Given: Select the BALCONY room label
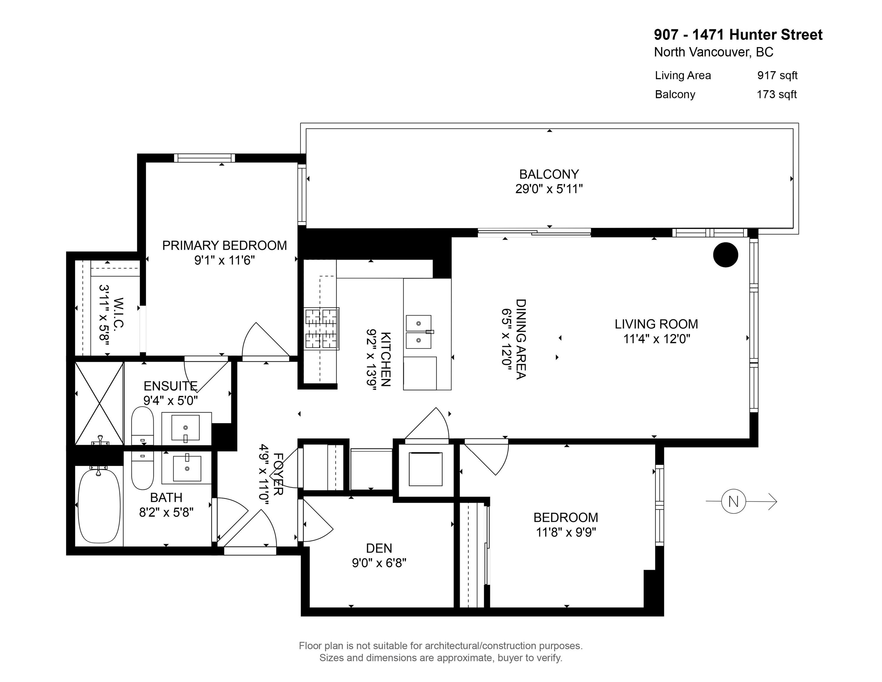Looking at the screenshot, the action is pos(549,174).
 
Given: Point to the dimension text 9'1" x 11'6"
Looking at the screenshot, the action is pos(224,260).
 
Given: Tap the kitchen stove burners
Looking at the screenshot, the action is pos(321,329).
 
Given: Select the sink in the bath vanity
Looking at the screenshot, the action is pos(187,469).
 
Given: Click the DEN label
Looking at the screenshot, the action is pos(379,548).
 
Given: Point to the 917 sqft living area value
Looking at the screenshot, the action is pos(777,75).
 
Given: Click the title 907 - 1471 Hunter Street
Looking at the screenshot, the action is pos(738,35).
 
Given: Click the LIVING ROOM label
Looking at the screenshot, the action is pos(656,324).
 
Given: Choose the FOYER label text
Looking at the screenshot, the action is pos(278,474).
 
